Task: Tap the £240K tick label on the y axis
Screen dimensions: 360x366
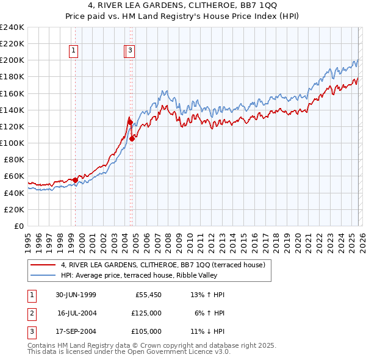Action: [x=12, y=27]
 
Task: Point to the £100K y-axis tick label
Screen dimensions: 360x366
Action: [x=12, y=143]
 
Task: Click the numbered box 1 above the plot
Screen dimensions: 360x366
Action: [x=74, y=52]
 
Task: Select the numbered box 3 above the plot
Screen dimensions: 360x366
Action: [x=131, y=52]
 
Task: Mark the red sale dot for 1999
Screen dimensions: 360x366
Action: [x=76, y=180]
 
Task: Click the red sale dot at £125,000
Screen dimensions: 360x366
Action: [x=130, y=122]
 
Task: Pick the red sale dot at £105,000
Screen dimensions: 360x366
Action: [x=132, y=139]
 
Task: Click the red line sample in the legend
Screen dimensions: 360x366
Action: [x=44, y=265]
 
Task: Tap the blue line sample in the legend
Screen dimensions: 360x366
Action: [x=44, y=275]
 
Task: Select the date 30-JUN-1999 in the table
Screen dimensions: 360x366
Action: [x=76, y=295]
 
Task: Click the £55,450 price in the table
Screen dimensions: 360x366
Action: [x=148, y=295]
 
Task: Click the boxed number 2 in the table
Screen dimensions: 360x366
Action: [x=31, y=313]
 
